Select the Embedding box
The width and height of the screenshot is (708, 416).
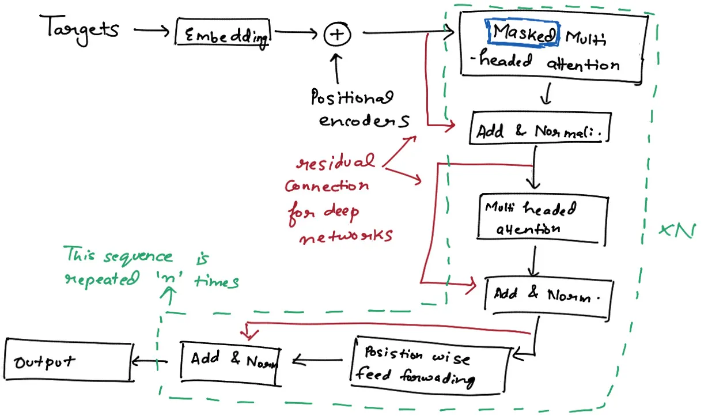tap(223, 35)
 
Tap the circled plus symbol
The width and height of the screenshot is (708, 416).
tap(337, 35)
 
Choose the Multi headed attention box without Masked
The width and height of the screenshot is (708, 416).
tap(542, 217)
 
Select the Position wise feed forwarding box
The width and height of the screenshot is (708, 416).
tap(429, 366)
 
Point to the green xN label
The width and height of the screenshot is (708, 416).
tap(677, 230)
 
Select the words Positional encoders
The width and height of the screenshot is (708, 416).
tap(353, 109)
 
